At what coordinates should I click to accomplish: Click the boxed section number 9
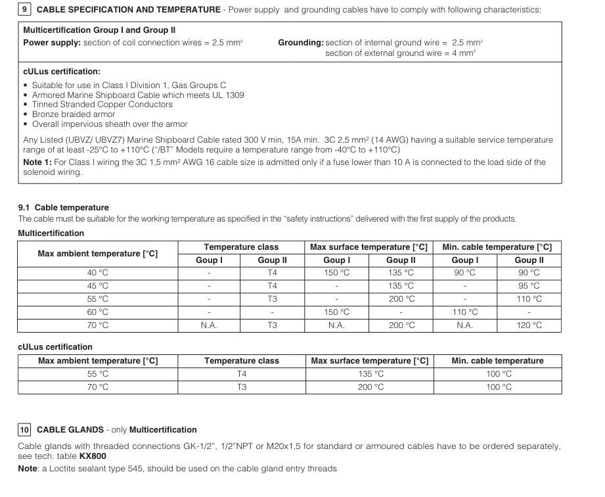coord(24,9)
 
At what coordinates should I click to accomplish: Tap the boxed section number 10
coord(24,430)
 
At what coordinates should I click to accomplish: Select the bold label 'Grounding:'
coord(301,43)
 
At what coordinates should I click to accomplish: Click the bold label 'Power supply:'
coord(51,43)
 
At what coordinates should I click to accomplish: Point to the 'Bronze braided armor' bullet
coord(74,114)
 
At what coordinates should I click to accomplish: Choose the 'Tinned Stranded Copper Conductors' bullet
coord(102,105)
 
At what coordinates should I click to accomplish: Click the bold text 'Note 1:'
coord(38,162)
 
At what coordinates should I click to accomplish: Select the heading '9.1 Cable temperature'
coord(63,208)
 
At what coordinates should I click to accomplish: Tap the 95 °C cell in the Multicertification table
coord(528,286)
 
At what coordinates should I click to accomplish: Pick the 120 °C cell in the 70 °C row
coord(528,325)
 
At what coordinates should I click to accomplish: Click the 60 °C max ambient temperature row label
coord(98,312)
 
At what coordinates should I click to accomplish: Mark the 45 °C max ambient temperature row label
coord(98,286)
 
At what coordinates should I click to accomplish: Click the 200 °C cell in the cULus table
coord(370,387)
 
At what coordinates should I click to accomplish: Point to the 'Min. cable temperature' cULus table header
coord(497,361)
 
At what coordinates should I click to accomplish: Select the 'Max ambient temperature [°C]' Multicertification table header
coord(98,254)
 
